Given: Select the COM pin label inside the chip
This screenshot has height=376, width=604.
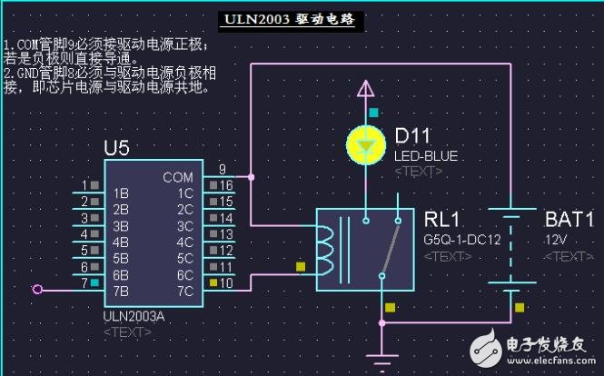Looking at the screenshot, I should (x=178, y=177).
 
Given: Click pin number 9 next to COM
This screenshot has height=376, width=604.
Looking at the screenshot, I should (x=222, y=168).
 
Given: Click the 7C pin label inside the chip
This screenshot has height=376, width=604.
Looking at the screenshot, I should (x=184, y=292).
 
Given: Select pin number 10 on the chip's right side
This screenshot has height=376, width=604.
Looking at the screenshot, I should (x=226, y=283).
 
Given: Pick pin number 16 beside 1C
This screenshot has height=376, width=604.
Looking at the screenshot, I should (x=226, y=184).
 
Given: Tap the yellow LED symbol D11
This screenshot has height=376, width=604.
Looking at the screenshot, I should (x=365, y=143).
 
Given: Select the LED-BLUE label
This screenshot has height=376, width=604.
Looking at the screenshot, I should (x=426, y=156).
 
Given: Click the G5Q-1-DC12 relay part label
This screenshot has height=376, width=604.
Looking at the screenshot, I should (x=462, y=240).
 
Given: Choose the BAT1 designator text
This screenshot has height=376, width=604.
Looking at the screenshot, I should (x=569, y=219).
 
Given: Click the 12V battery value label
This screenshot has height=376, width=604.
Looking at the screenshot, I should (x=555, y=240).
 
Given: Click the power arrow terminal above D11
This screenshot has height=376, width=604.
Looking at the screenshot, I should (x=365, y=89).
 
